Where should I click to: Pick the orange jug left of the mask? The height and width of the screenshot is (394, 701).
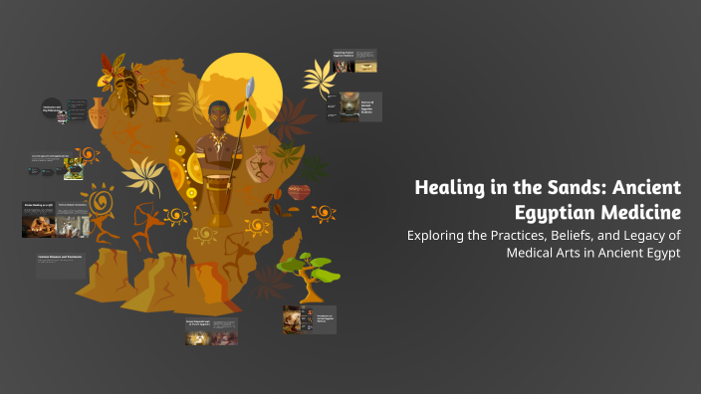pos(98,112)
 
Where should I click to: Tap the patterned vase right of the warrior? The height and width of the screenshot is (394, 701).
pos(261,164)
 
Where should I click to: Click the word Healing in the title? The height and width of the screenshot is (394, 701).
pos(449,188)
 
